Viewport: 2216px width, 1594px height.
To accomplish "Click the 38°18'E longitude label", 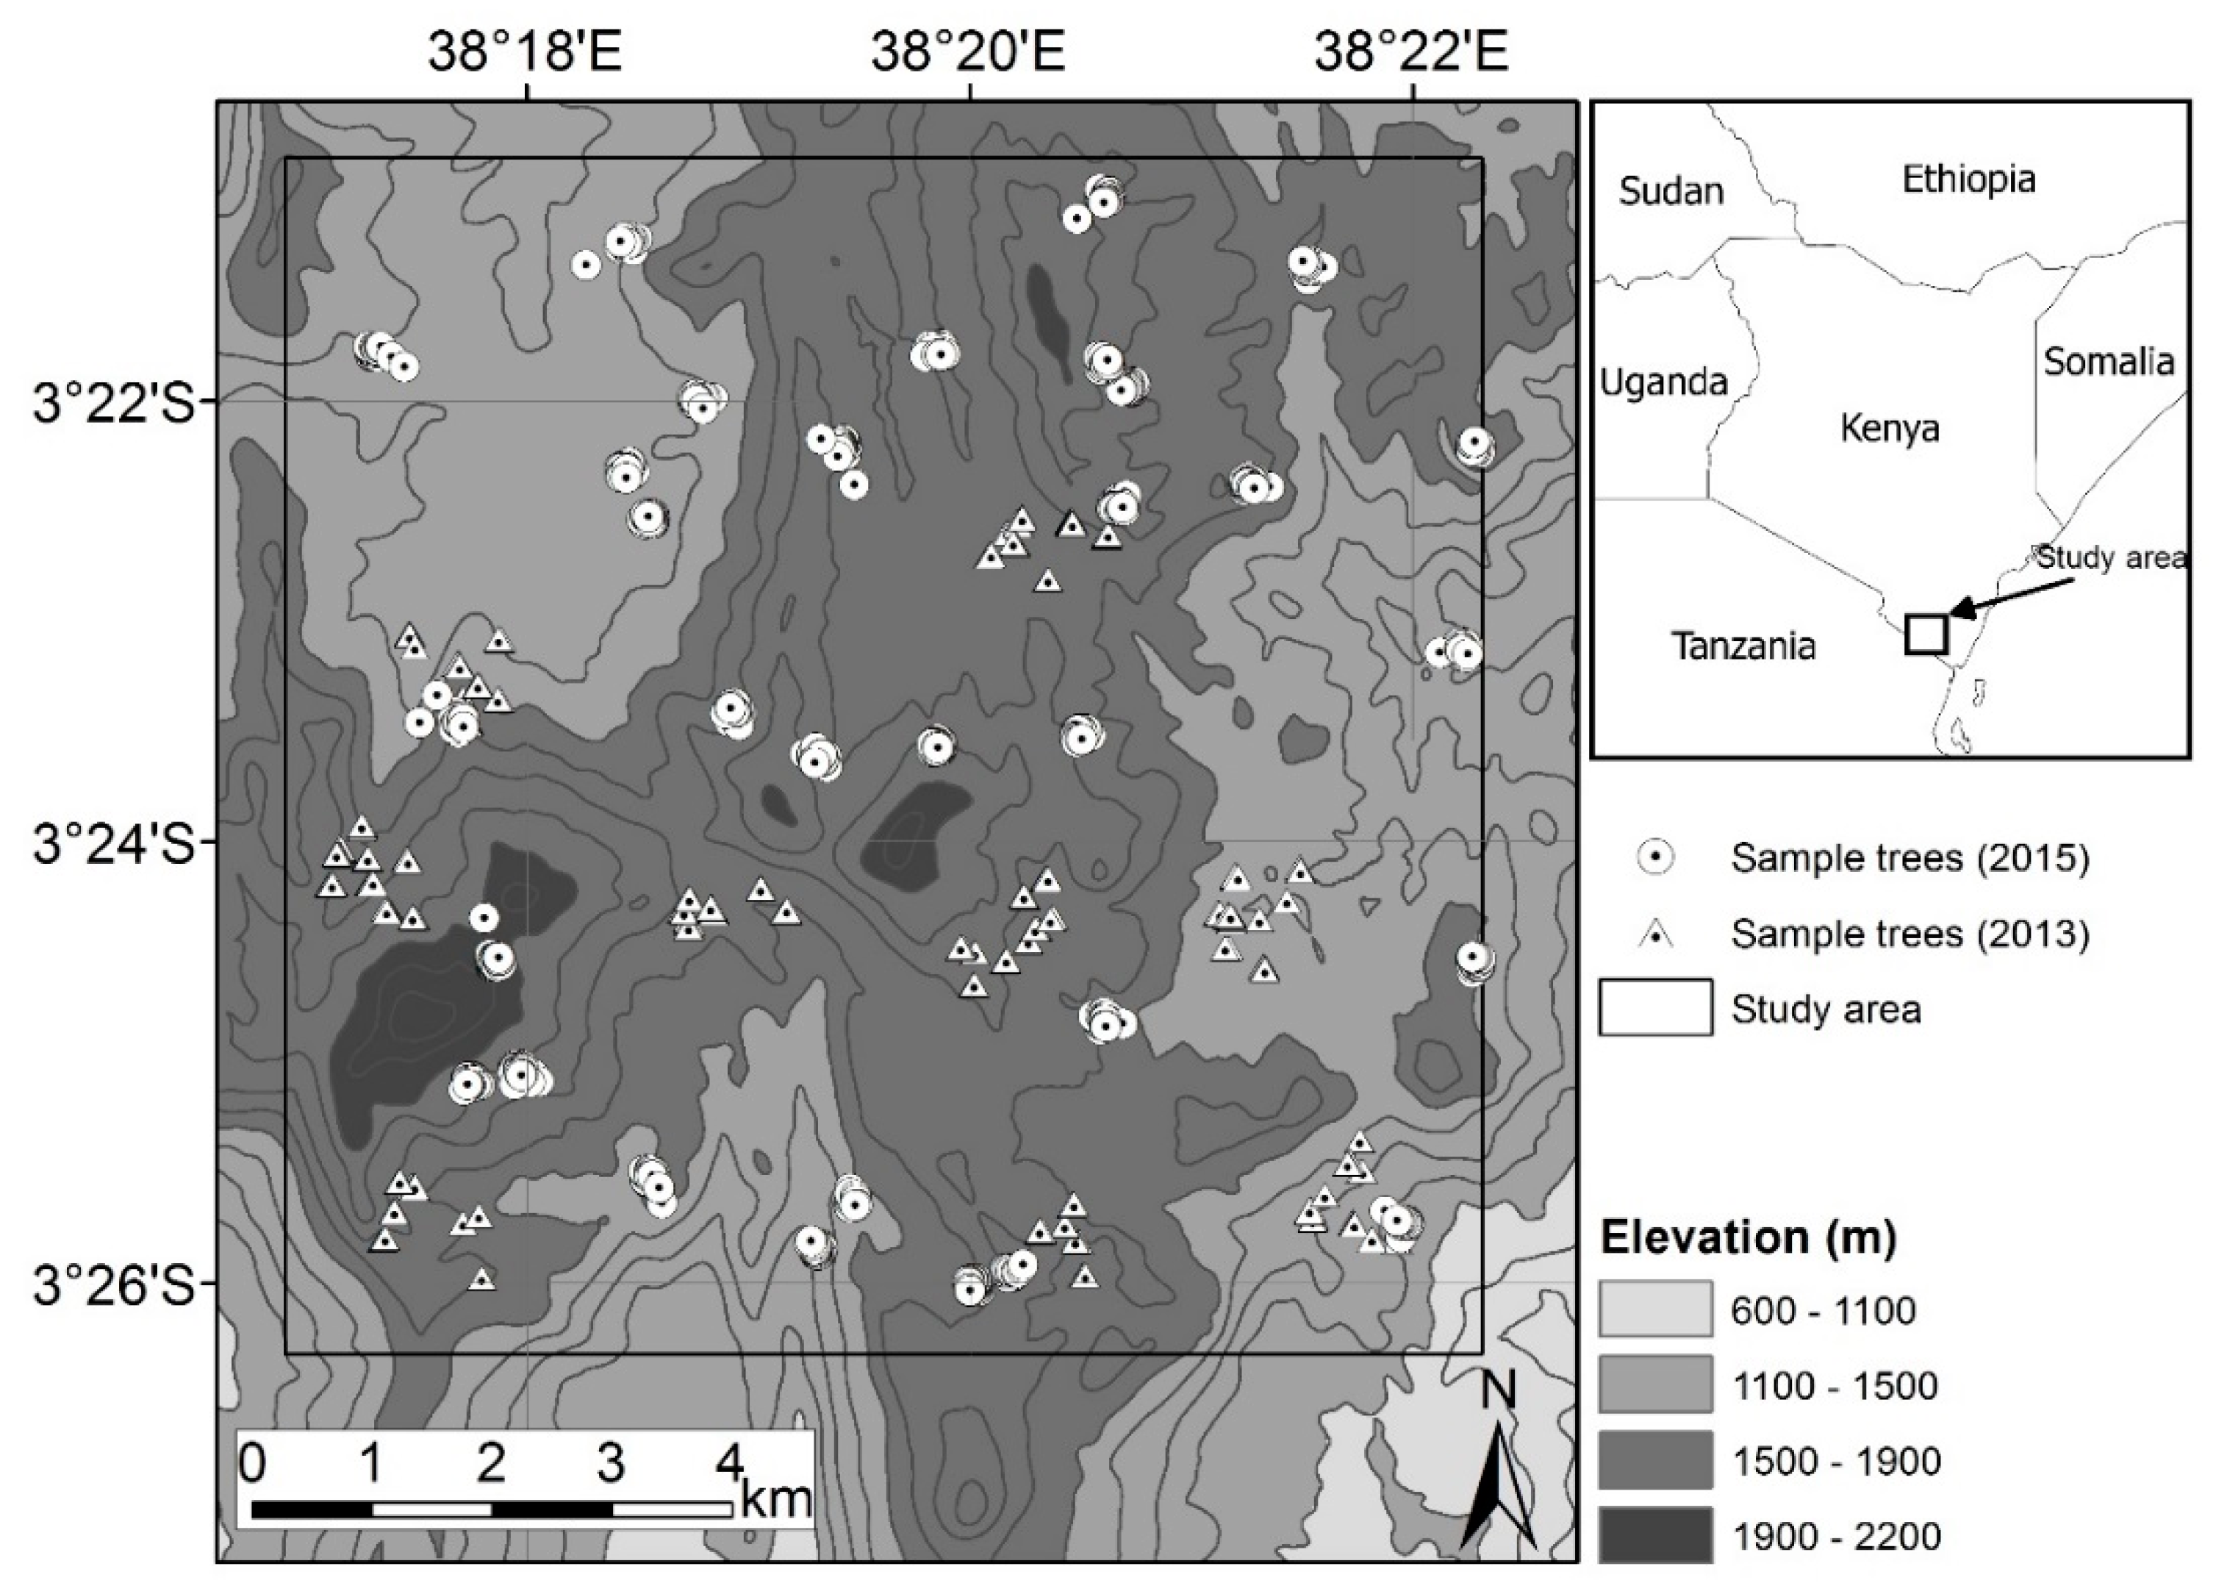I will [525, 51].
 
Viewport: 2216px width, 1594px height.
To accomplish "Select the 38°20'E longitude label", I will [967, 51].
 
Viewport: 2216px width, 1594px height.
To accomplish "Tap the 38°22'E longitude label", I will [1411, 51].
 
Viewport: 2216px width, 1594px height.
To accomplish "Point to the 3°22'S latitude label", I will [115, 403].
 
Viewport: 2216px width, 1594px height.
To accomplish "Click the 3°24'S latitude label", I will [115, 844].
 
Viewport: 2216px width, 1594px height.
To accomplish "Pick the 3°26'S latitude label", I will [115, 1286].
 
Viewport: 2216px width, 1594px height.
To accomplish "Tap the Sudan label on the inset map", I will [1671, 190].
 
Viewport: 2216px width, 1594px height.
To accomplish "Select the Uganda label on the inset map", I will [1663, 381].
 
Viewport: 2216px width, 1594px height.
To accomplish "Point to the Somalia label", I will [2109, 362].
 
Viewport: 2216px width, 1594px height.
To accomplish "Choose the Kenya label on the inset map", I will [1890, 428].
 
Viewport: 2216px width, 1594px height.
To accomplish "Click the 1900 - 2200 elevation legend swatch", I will [1655, 1537].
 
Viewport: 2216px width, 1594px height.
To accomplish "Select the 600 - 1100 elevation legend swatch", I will [1655, 1309].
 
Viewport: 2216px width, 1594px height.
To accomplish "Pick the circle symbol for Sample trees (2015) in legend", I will [1655, 857].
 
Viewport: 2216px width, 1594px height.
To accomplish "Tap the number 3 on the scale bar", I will [611, 1463].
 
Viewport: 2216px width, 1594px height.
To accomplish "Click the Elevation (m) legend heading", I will [1748, 1238].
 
